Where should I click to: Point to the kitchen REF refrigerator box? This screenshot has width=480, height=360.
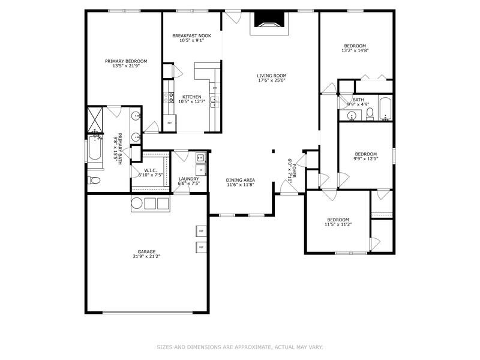pyautogui.click(x=170, y=123)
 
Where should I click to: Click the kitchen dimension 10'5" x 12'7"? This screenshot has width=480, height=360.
pyautogui.click(x=192, y=101)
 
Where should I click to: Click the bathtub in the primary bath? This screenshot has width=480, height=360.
pyautogui.click(x=95, y=148)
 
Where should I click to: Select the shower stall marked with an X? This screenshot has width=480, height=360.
pyautogui.click(x=95, y=119)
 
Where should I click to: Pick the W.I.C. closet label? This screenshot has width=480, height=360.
pyautogui.click(x=150, y=170)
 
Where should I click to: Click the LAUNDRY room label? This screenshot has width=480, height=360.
pyautogui.click(x=188, y=178)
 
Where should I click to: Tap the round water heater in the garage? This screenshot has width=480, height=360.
pyautogui.click(x=136, y=203)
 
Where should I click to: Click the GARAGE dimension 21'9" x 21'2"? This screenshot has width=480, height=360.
pyautogui.click(x=146, y=256)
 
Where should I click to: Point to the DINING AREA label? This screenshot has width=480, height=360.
pyautogui.click(x=240, y=180)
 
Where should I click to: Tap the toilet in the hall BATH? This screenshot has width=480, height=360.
pyautogui.click(x=370, y=113)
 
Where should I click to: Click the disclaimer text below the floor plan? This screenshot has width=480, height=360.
pyautogui.click(x=240, y=347)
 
